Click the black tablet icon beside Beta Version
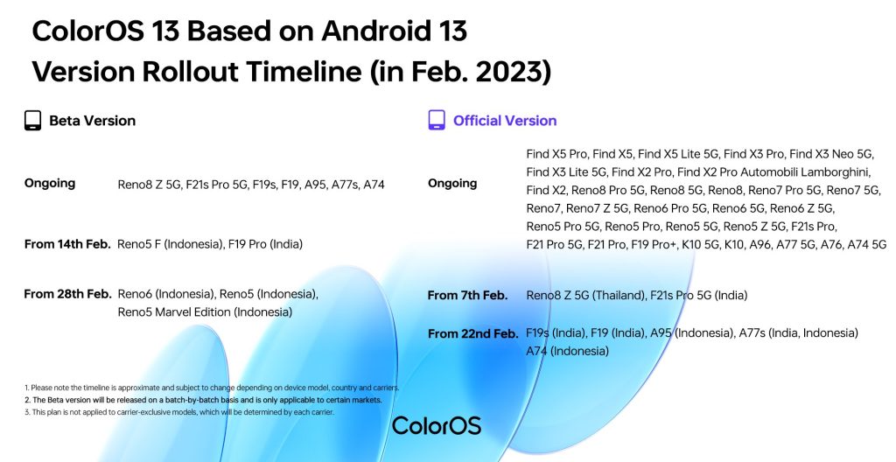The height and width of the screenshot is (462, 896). coord(32,121)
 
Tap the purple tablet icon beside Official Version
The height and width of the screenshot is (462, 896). coord(437,120)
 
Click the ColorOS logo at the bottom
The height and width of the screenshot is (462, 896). coord(437,425)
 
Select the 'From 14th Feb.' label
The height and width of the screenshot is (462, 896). coord(67,244)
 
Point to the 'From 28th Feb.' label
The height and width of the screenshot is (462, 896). coord(67,294)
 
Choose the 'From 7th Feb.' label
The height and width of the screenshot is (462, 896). coord(467,296)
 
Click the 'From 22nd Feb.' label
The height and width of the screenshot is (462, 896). coord(473,333)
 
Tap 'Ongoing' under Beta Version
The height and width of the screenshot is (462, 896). coord(50,184)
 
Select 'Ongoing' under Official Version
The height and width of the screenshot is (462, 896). coord(452,184)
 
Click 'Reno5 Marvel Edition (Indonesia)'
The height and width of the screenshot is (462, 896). coord(205,312)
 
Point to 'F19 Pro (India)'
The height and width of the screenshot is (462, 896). coord(265,244)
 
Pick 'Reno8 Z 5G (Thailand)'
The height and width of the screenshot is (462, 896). coord(585,296)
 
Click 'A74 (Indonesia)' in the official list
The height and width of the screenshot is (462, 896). coord(567,351)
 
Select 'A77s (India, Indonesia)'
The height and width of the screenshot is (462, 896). coord(798,332)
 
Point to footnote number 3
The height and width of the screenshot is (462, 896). coord(26,411)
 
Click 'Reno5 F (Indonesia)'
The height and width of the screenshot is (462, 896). coord(170,244)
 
